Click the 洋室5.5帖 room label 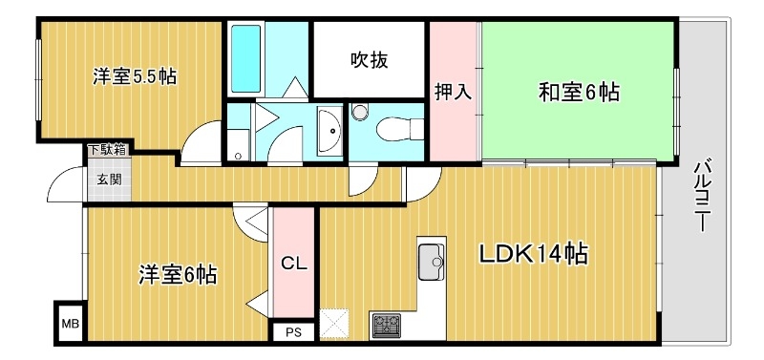coord(134,75)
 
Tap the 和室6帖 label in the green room coord(579,93)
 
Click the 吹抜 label coord(369,60)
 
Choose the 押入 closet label coord(453,93)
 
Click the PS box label coord(293,332)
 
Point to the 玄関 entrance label coord(105,179)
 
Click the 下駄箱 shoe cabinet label coord(105,150)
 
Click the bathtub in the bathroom coord(245,58)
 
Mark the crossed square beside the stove coord(336,323)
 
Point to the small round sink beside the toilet coord(359,113)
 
